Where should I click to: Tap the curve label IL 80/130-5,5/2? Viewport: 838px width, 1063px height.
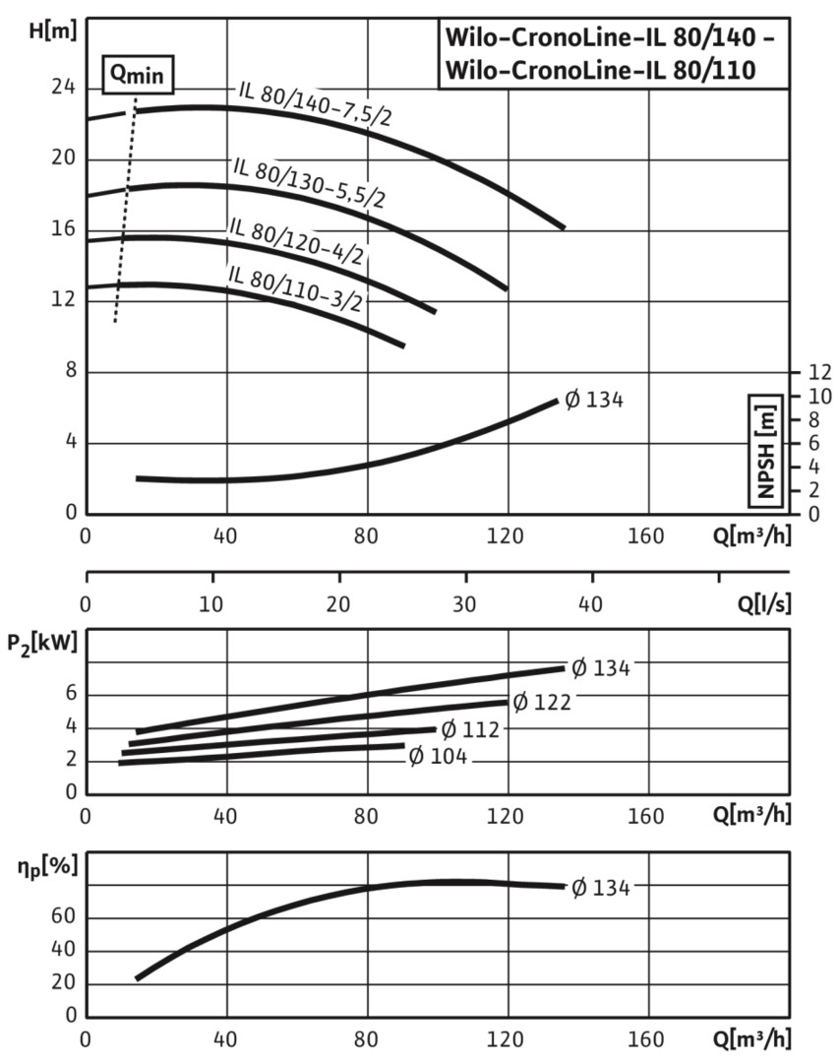[x=309, y=180]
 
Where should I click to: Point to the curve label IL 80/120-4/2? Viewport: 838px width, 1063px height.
[x=296, y=240]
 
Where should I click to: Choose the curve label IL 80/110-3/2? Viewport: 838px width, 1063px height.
[x=294, y=286]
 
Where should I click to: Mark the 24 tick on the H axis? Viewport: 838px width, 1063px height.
[x=63, y=88]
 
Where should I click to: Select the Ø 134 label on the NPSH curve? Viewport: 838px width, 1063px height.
[x=594, y=400]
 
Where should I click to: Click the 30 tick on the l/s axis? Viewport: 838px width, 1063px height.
[x=464, y=603]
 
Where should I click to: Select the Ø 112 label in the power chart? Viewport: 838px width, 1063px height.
[x=470, y=729]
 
